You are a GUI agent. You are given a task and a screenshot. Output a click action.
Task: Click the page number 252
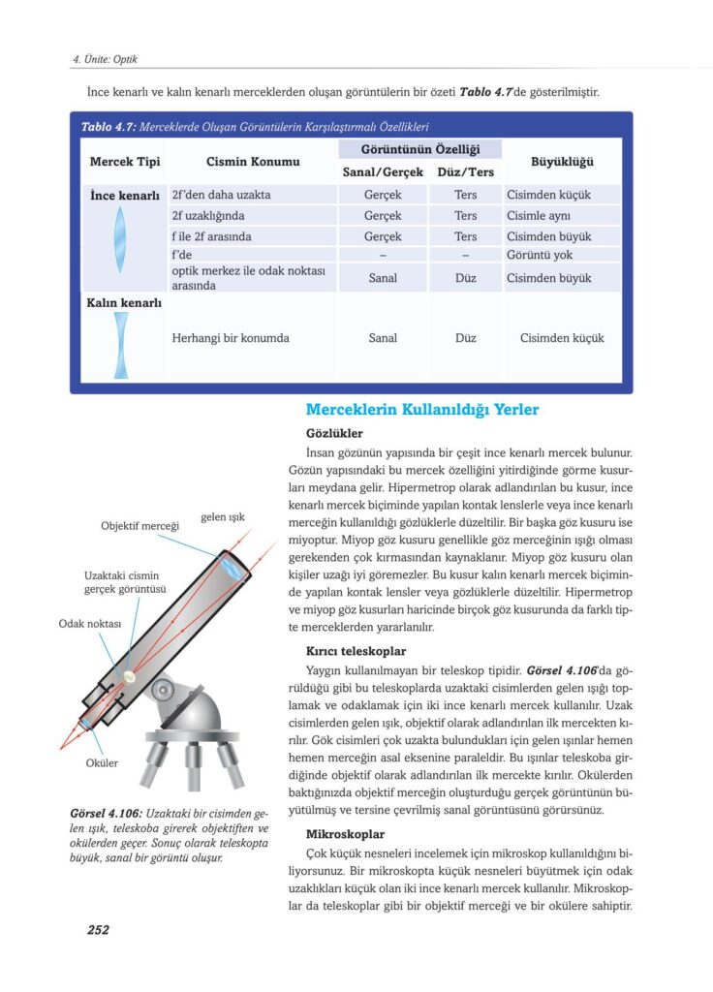[x=98, y=930]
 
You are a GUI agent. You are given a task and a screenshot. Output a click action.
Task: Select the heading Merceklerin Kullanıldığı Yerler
[x=422, y=410]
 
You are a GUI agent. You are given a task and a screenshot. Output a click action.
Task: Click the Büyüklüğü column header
[x=562, y=161]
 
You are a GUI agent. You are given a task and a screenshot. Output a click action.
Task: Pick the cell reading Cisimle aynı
[x=539, y=216]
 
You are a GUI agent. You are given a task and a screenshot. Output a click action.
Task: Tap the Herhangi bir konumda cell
[x=230, y=338]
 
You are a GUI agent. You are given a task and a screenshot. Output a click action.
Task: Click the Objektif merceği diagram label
[x=140, y=526]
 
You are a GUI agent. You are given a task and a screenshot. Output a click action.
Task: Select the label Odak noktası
[x=89, y=624]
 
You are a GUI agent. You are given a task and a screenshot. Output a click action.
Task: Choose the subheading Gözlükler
[x=334, y=433]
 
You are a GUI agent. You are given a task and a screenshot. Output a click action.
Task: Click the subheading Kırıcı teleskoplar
[x=356, y=651]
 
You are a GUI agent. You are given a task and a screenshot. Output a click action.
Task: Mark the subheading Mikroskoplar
[x=346, y=833]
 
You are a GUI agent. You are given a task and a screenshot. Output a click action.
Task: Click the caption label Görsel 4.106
[x=108, y=812]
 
